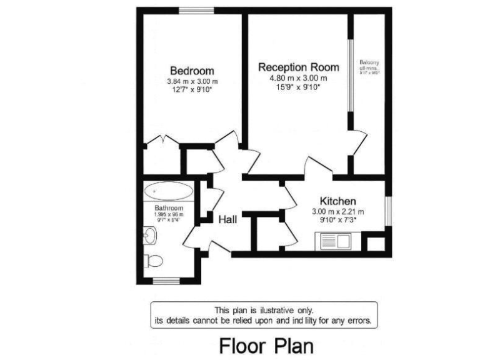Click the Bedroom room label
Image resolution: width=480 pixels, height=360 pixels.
pyautogui.click(x=192, y=71)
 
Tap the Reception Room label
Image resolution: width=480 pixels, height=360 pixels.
pyautogui.click(x=299, y=67)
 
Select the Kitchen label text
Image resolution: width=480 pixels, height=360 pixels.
pyautogui.click(x=337, y=201)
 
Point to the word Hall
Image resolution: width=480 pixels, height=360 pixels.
pyautogui.click(x=227, y=219)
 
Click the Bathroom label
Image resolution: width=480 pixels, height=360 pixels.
pyautogui.click(x=169, y=208)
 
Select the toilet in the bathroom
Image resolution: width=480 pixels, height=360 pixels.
pyautogui.click(x=152, y=260)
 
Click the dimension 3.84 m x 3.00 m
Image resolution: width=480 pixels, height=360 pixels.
pyautogui.click(x=192, y=81)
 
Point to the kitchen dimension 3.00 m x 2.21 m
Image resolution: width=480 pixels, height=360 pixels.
pyautogui.click(x=337, y=211)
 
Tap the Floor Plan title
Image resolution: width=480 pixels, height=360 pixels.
pyautogui.click(x=266, y=345)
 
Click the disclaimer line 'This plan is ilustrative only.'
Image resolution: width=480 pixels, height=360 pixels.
pyautogui.click(x=264, y=310)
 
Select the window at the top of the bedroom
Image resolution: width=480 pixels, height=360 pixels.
pyautogui.click(x=196, y=11)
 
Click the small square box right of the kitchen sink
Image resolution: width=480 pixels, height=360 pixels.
pyautogui.click(x=375, y=242)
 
